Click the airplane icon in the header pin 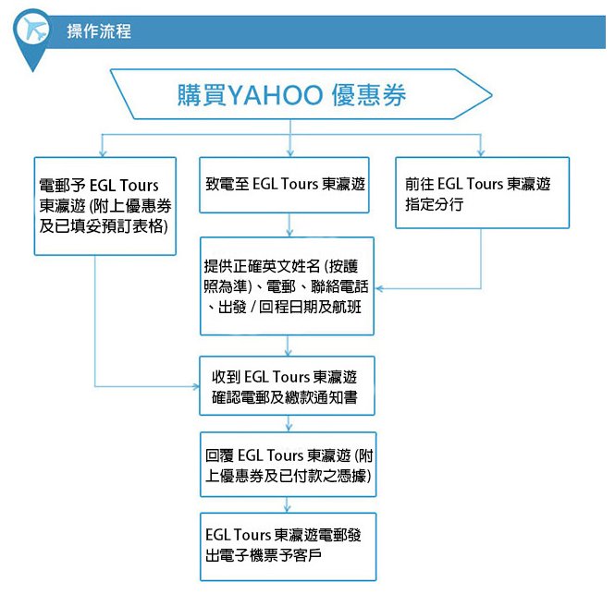tap(35, 30)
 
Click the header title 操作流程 tap(99, 31)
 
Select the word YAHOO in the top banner tap(275, 95)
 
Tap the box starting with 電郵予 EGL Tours tap(105, 206)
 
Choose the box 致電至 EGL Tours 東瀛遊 tap(284, 185)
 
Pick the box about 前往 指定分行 tap(483, 192)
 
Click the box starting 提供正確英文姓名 tap(287, 286)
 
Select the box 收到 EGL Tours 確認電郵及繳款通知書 tap(287, 385)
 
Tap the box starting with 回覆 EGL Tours tap(289, 465)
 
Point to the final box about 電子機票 tap(289, 547)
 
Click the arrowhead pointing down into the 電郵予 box tap(103, 153)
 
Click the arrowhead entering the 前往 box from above tap(481, 152)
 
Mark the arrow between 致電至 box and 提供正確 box tap(289, 224)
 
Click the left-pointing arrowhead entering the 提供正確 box tap(379, 289)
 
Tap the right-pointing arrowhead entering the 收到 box tap(196, 386)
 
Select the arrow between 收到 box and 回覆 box tap(289, 423)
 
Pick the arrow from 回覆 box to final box tap(288, 504)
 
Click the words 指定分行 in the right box tap(434, 204)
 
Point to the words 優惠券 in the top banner tap(369, 95)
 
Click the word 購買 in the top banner tap(203, 95)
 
